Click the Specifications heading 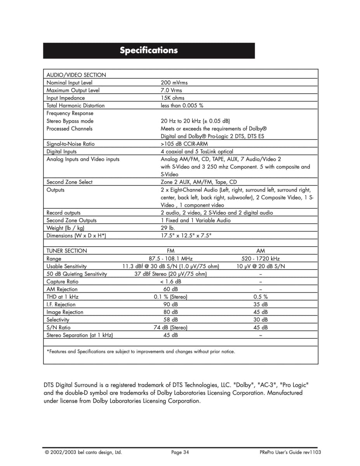click(x=149, y=50)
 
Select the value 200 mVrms click(x=174, y=83)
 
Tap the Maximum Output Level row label click(x=73, y=90)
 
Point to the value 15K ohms click(x=172, y=98)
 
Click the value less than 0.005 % click(x=182, y=106)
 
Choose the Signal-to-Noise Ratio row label click(x=70, y=144)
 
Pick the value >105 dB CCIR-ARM click(x=184, y=144)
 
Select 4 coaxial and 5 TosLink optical click(x=197, y=151)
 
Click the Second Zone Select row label click(x=70, y=182)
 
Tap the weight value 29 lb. click(x=168, y=228)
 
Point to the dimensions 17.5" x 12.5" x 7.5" click(x=186, y=236)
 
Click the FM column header click(x=170, y=251)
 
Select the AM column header click(x=261, y=251)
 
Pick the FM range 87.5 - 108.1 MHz click(x=170, y=259)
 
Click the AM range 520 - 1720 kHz click(x=261, y=259)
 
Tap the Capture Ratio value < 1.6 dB click(x=170, y=282)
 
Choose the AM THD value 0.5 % click(x=261, y=297)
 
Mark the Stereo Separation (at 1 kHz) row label click(x=80, y=335)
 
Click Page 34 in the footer click(x=180, y=452)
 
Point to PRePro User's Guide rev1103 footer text click(x=290, y=452)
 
